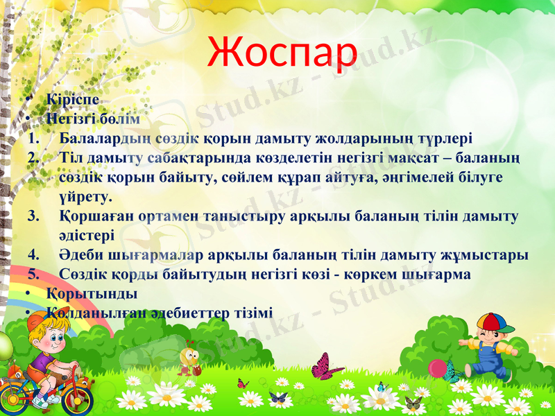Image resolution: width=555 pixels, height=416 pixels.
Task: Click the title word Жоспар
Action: (x=282, y=50)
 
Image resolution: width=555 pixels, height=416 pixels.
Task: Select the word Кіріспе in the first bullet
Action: (x=67, y=101)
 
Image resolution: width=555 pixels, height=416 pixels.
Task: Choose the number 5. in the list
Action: (x=35, y=274)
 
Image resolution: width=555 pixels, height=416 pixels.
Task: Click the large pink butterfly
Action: (x=326, y=366)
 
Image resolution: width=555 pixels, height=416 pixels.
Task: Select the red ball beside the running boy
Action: (x=437, y=367)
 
